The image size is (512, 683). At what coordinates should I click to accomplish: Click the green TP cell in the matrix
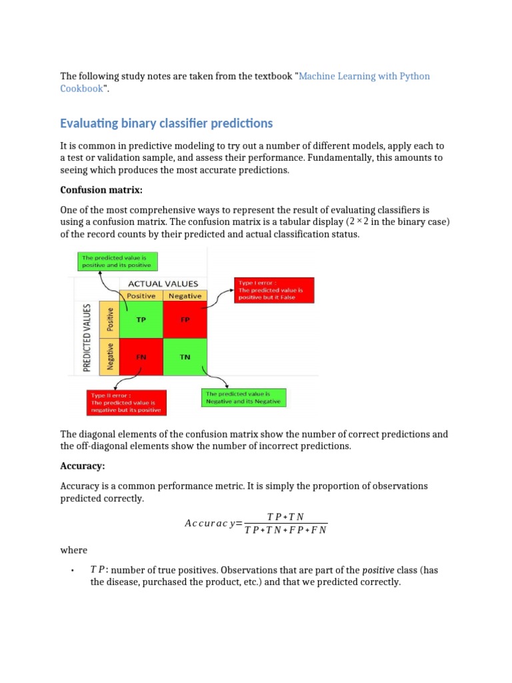(x=141, y=319)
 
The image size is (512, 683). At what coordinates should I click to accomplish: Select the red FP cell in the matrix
(x=185, y=319)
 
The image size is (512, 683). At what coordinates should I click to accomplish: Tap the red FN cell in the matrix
(x=141, y=357)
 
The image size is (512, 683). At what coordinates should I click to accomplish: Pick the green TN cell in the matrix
(x=185, y=357)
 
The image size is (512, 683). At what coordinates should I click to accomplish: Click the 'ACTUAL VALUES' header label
(x=163, y=283)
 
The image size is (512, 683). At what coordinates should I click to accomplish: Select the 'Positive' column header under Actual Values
(x=141, y=296)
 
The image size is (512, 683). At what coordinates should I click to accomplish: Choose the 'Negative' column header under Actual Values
(x=185, y=296)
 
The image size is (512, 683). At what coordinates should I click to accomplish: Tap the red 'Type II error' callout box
(x=127, y=403)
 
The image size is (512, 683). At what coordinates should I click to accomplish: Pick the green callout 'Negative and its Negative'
(x=243, y=398)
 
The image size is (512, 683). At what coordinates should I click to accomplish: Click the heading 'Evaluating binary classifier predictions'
(x=166, y=123)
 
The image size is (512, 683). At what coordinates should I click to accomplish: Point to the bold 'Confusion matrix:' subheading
(x=101, y=191)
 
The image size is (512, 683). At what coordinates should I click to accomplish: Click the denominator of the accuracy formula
(x=285, y=530)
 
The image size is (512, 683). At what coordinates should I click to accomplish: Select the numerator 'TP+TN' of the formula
(x=285, y=517)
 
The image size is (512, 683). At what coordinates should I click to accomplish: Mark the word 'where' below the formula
(x=73, y=550)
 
